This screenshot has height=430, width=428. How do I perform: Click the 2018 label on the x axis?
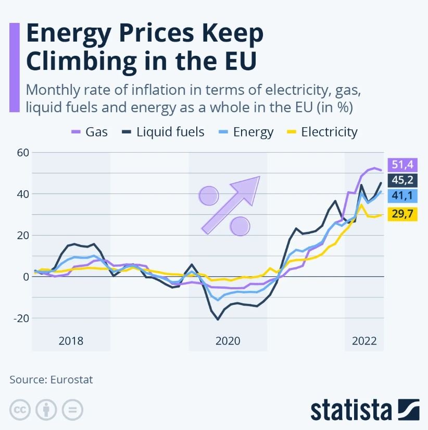click(x=71, y=341)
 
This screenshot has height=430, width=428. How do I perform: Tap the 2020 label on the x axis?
click(x=228, y=341)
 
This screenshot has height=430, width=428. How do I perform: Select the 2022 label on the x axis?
click(x=364, y=341)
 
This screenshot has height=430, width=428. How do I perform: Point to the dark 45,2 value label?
click(x=402, y=181)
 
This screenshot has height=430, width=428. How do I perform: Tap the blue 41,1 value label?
click(x=402, y=196)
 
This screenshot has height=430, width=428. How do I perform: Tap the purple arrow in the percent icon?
click(x=232, y=203)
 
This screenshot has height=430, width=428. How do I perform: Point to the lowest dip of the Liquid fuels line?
click(x=218, y=319)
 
